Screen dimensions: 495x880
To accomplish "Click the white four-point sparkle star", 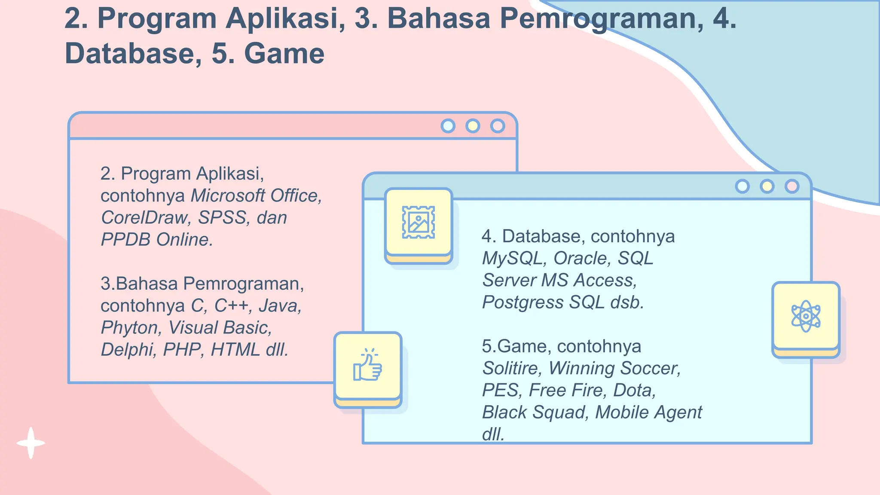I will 31,443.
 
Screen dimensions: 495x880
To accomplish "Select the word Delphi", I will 127,350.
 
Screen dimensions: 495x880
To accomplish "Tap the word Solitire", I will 511,368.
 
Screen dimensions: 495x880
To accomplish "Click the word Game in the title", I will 284,54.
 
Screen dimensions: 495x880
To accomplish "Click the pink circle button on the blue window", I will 791,186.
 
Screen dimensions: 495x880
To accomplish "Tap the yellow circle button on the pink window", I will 473,126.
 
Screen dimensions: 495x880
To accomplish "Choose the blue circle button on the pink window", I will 448,126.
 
